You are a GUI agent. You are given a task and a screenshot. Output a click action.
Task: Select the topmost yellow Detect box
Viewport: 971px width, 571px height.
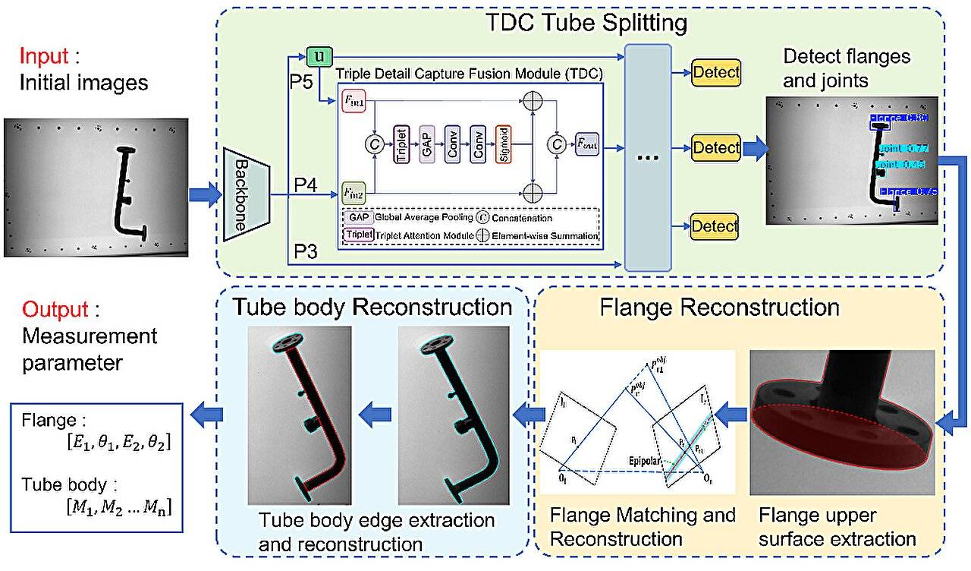click(x=715, y=72)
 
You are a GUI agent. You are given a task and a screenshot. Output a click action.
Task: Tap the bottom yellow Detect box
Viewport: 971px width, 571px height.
click(x=715, y=226)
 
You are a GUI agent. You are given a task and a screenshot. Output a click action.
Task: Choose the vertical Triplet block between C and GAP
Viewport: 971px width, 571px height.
click(x=401, y=144)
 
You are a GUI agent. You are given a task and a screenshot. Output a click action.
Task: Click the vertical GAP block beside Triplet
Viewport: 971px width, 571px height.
click(x=426, y=144)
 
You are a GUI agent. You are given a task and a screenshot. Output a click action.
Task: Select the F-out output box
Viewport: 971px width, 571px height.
click(x=587, y=143)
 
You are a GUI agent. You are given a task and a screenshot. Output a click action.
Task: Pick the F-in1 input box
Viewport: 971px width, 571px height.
click(x=355, y=101)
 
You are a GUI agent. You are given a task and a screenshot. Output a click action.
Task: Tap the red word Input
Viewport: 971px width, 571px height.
click(x=42, y=58)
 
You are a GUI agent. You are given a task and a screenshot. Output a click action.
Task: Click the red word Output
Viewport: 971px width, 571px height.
click(x=51, y=310)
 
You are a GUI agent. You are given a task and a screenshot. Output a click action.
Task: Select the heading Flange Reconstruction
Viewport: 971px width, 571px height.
click(x=719, y=308)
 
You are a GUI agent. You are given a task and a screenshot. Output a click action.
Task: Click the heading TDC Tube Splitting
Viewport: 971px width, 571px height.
click(x=586, y=23)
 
